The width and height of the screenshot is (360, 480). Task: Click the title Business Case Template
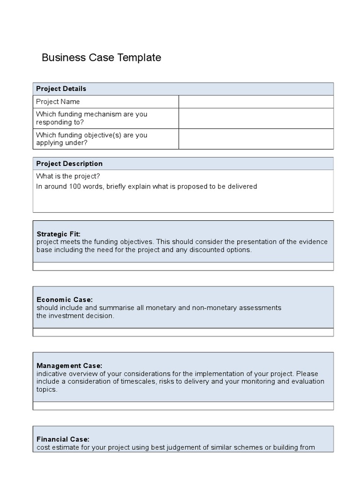[x=101, y=58]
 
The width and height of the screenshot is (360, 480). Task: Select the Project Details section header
[x=61, y=89]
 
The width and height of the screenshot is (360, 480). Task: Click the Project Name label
[x=58, y=102]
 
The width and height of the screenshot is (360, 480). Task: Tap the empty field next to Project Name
[x=256, y=102]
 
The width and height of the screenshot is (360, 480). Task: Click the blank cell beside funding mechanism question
[x=256, y=118]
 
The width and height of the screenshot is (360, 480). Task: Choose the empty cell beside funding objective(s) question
[x=256, y=139]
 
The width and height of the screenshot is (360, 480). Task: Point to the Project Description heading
[x=69, y=164]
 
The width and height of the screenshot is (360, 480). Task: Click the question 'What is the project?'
[x=68, y=176]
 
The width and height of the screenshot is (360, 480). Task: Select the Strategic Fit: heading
[x=59, y=234]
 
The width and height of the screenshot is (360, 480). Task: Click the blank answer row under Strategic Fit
[x=183, y=266]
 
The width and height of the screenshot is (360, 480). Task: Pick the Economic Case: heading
[x=65, y=300]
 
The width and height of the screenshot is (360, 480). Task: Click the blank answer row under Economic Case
[x=183, y=332]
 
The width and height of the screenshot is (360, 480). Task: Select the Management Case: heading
[x=69, y=366]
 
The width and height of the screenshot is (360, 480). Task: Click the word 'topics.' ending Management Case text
[x=47, y=390]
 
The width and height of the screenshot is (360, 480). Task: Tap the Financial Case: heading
[x=63, y=439]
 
